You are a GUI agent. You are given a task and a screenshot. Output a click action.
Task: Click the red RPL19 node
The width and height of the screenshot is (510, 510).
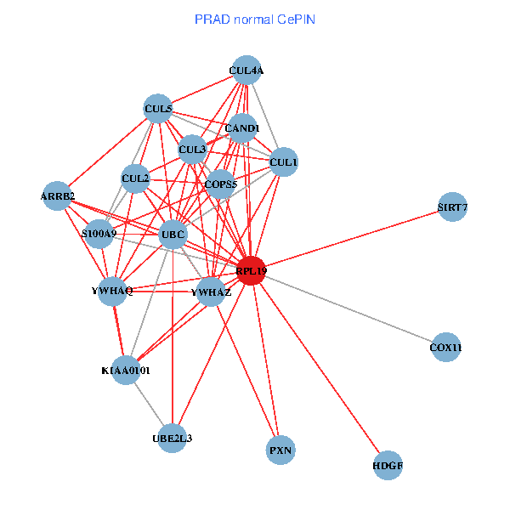[x=252, y=270]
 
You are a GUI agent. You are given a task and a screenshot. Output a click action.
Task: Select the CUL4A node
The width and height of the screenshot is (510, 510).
[x=246, y=71]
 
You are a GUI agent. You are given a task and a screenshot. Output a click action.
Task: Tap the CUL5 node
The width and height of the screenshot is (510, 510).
[x=158, y=109]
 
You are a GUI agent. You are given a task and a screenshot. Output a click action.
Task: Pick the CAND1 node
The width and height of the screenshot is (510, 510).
[x=242, y=128]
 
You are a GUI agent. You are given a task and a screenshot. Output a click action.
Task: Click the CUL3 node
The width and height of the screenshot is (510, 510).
[x=192, y=150]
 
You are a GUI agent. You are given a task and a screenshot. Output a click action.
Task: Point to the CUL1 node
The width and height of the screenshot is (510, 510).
[x=283, y=161]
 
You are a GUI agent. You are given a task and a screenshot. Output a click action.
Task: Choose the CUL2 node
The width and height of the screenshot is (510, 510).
[x=136, y=178]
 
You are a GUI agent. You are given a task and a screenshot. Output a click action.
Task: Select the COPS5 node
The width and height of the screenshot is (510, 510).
[x=220, y=183]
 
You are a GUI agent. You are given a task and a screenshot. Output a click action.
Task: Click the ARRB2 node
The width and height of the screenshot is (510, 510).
[x=58, y=196]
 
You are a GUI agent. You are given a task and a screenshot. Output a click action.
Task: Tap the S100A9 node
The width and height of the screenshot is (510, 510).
[x=99, y=233]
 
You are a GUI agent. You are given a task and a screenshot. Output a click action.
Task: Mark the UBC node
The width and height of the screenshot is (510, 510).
[x=173, y=234]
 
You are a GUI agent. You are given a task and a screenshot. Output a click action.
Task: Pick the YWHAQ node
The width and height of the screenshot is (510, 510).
[x=112, y=291]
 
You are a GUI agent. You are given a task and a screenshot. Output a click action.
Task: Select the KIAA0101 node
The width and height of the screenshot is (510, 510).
[x=126, y=371]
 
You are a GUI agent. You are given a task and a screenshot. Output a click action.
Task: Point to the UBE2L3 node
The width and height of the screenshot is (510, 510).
[x=173, y=438]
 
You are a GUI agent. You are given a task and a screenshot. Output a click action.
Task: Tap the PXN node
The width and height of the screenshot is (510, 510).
[x=280, y=450]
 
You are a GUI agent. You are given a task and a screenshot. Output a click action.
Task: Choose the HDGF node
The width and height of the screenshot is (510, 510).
[x=388, y=465]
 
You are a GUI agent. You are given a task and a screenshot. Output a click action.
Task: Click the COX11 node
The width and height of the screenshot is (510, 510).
[x=446, y=347]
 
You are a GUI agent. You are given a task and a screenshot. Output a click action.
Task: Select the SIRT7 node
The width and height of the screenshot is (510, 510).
[x=452, y=207]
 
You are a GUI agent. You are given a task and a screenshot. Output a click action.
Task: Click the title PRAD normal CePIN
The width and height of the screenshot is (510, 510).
[x=255, y=19]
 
